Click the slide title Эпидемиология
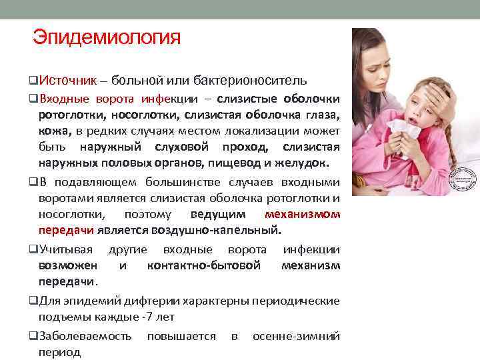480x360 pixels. pos(107,37)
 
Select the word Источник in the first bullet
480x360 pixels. pos(66,81)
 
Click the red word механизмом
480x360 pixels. pos(302,215)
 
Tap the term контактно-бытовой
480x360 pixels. pos(203,266)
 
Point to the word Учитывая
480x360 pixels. pos(66,250)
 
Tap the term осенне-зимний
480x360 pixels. pos(296,336)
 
